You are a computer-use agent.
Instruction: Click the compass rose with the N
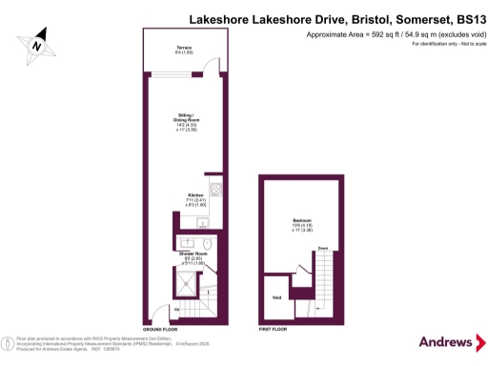pos(35,44)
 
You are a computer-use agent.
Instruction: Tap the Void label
pos(277,297)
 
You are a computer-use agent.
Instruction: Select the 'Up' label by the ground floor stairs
pos(177,310)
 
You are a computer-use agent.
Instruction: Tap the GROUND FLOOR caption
pos(161,327)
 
